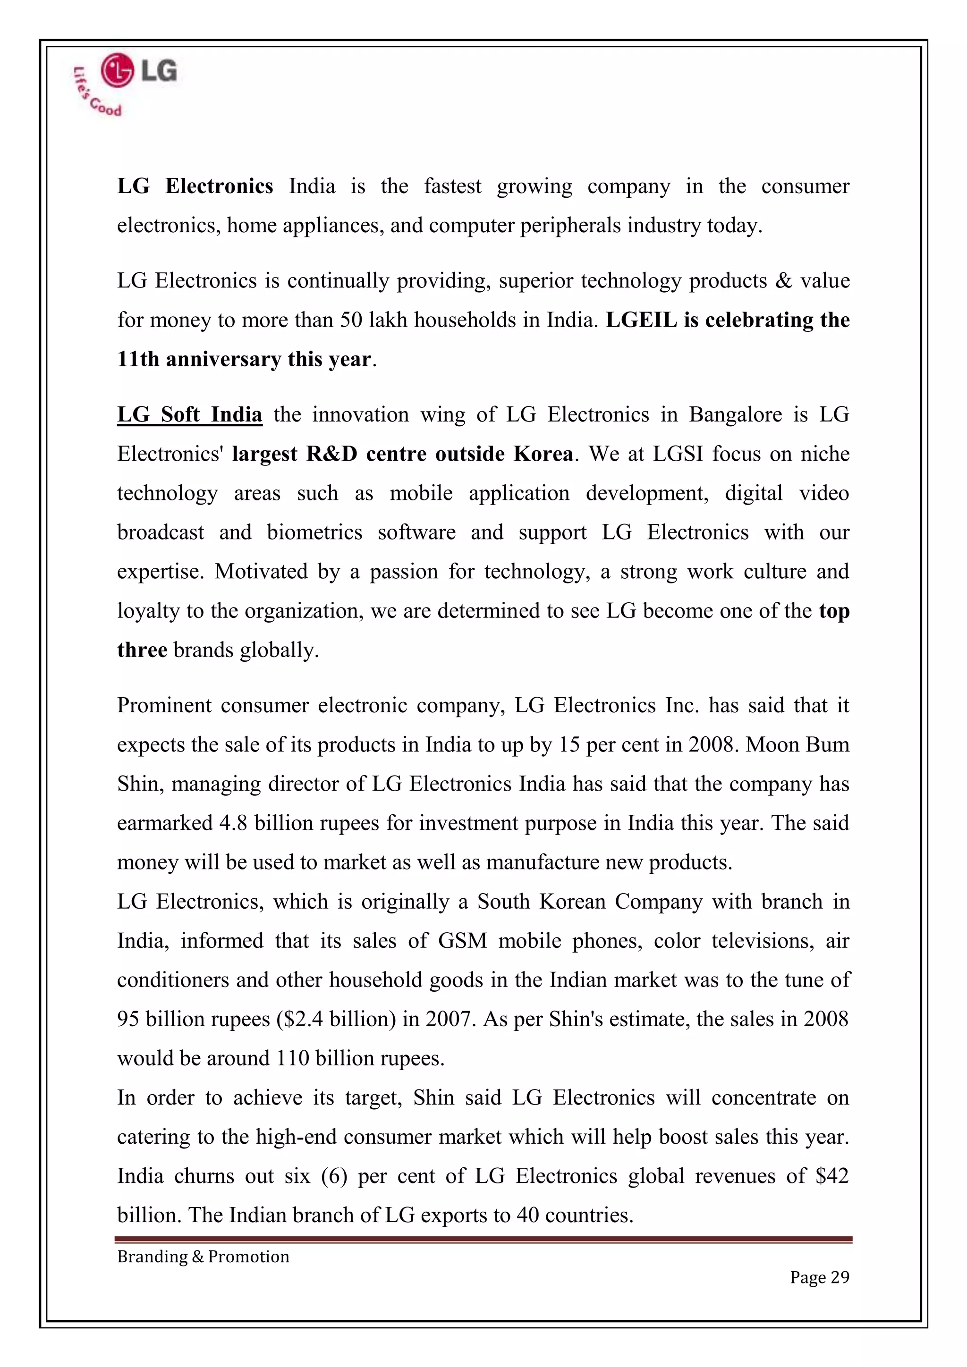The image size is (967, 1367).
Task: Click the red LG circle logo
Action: pyautogui.click(x=117, y=71)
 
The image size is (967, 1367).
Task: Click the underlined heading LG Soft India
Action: pyautogui.click(x=189, y=414)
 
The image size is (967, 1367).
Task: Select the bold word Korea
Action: pyautogui.click(x=543, y=454)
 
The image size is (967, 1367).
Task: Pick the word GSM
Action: pyautogui.click(x=463, y=940)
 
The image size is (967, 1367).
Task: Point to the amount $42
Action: pyautogui.click(x=832, y=1176)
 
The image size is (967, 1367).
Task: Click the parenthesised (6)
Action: pyautogui.click(x=333, y=1176)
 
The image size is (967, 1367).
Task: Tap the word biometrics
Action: pyautogui.click(x=314, y=532)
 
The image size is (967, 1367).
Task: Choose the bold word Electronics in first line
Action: pyautogui.click(x=219, y=186)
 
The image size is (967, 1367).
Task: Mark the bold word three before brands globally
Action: pyautogui.click(x=142, y=650)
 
